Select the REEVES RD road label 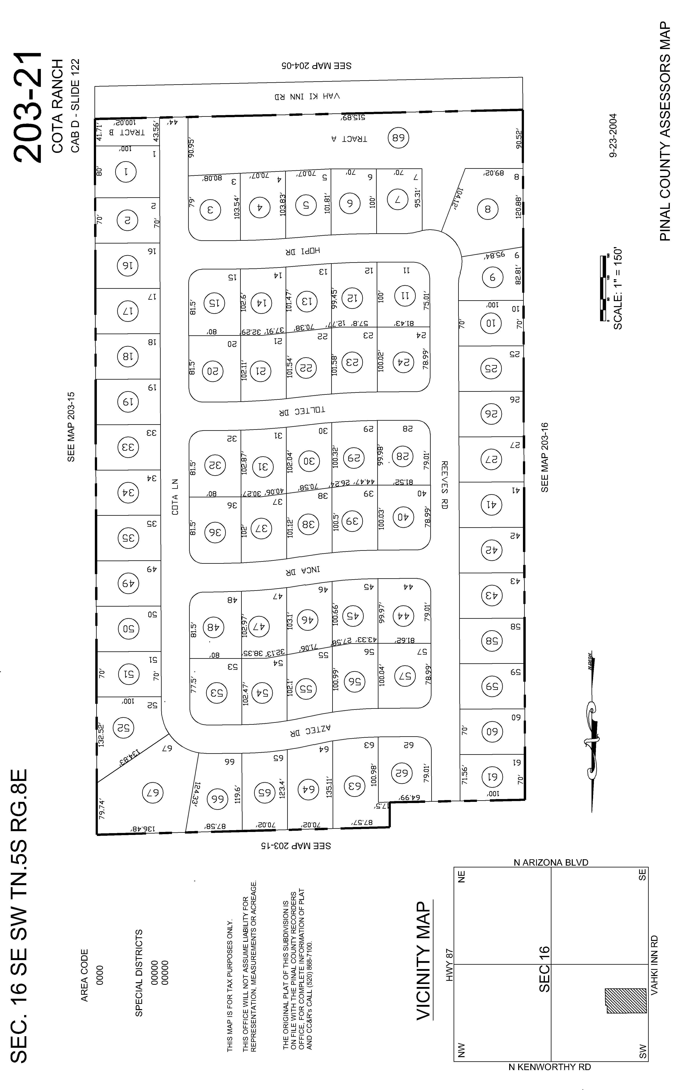click(x=444, y=485)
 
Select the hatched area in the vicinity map click(x=626, y=1001)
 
